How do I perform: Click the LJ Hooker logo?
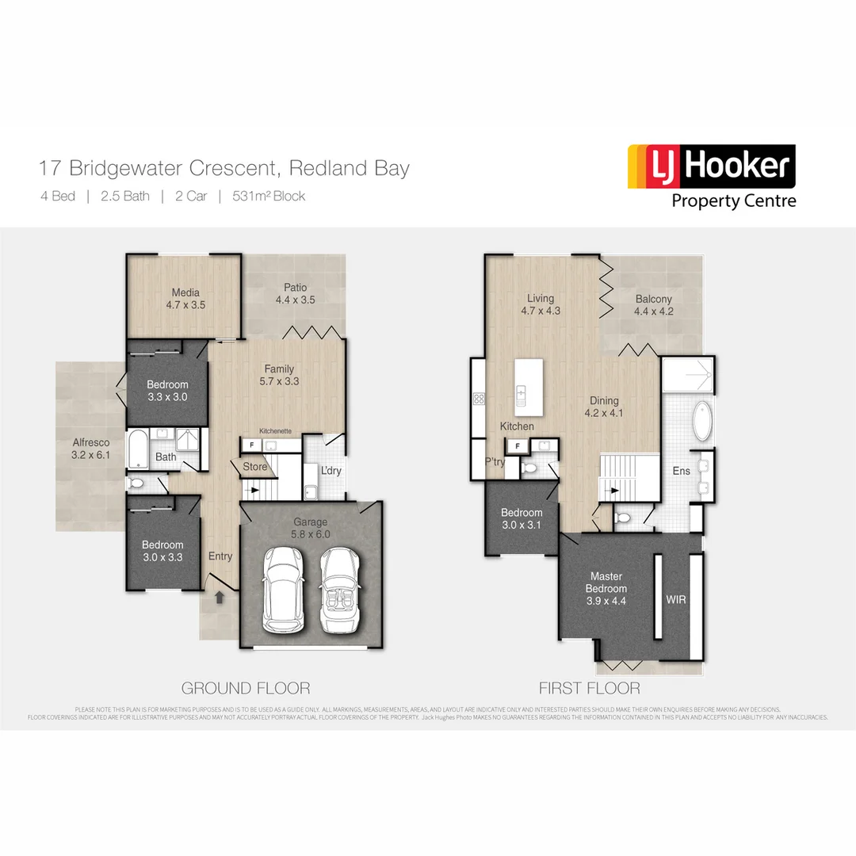[x=711, y=176]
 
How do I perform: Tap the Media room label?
[x=185, y=298]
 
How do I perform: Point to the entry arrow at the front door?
[x=220, y=597]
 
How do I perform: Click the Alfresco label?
[x=90, y=449]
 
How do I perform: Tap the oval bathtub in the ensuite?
[x=701, y=422]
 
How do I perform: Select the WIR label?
[x=676, y=600]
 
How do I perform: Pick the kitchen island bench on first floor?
[x=529, y=387]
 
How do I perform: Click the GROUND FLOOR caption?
[x=246, y=688]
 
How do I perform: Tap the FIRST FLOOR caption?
[x=589, y=688]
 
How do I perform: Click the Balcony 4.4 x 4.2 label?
[x=653, y=305]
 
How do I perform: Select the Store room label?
[x=255, y=467]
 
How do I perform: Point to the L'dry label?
[x=331, y=471]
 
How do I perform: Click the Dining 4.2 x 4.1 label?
[x=603, y=407]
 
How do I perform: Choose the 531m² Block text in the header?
[x=268, y=197]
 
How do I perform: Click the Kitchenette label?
[x=275, y=430]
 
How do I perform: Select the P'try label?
[x=495, y=464]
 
